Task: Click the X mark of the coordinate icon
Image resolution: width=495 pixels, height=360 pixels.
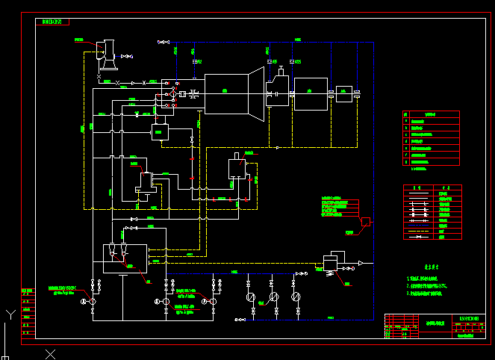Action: point(50,353)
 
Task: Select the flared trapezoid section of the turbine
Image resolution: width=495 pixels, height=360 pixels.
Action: point(256,92)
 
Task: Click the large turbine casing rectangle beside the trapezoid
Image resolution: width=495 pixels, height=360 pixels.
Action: point(225,93)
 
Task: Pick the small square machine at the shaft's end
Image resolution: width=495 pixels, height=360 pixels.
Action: point(343,94)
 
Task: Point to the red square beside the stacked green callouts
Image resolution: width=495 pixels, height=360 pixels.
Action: point(365,221)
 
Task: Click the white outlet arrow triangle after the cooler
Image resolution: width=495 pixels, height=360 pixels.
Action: point(361,263)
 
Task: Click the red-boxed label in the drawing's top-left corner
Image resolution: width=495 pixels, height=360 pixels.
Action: point(52,22)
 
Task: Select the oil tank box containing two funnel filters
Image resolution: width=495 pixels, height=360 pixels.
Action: point(119,258)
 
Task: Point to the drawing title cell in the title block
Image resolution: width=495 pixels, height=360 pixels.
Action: point(435,323)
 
